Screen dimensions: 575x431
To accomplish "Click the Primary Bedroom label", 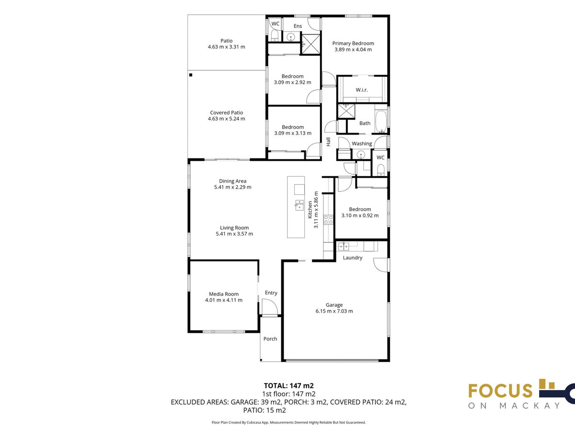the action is coord(353,44).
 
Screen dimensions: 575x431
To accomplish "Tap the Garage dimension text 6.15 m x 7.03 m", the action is coord(334,311).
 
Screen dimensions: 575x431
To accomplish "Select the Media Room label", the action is coord(224,294).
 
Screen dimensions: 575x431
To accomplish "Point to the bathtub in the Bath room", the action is coord(381,122).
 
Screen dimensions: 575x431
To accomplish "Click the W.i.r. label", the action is coord(361,90).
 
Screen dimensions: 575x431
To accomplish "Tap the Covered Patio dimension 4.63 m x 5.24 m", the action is coord(226,119).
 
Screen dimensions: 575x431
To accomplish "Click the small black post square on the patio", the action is coord(191,75).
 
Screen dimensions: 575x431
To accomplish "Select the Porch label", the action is coord(270,339).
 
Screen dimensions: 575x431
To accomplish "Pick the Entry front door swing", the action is coord(269,306).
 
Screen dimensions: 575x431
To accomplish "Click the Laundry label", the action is coord(353,258).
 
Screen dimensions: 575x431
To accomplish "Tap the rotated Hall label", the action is coord(328,142).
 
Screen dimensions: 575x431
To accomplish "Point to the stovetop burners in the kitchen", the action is coord(328,219).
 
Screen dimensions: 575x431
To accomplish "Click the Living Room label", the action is coord(234,228).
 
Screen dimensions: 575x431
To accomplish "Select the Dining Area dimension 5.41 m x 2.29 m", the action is coord(232,187).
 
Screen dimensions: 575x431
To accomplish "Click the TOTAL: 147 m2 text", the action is coord(288,386).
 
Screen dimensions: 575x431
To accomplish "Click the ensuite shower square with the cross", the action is coord(311,44).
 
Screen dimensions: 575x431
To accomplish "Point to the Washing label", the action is coord(362,144).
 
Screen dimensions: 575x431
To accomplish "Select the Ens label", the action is coord(298,26).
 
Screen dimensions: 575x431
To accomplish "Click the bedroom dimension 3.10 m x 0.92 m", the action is coord(360,215).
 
